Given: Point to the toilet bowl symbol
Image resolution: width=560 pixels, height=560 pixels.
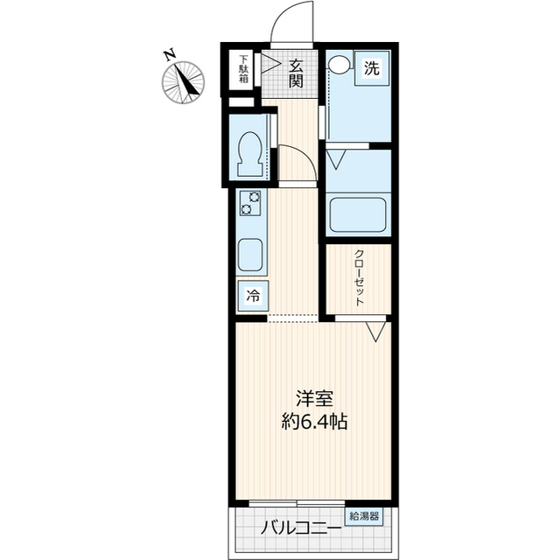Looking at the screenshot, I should (248, 155).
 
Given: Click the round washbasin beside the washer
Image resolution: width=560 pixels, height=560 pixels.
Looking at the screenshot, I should (339, 64).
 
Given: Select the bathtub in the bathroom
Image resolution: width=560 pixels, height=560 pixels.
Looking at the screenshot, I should (358, 215).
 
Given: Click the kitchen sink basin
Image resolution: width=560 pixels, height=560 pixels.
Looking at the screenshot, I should (250, 255).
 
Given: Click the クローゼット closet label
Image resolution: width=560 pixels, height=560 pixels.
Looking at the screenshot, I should (359, 277).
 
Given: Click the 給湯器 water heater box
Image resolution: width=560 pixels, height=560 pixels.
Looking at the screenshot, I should (364, 516).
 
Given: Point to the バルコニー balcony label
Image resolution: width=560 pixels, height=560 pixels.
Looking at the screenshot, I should (300, 528).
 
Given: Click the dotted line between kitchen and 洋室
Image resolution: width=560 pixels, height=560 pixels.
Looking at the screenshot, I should (293, 321).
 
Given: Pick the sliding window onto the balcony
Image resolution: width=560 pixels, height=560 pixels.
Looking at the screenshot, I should (297, 503).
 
